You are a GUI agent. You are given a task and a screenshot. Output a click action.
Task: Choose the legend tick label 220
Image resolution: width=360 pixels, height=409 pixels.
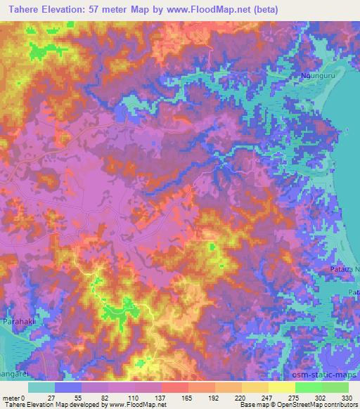click(242, 397)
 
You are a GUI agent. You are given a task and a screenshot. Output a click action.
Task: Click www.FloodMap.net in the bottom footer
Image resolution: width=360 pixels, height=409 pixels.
click(135, 405)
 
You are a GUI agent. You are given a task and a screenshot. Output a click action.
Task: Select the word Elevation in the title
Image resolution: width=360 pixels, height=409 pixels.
click(66, 9)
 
